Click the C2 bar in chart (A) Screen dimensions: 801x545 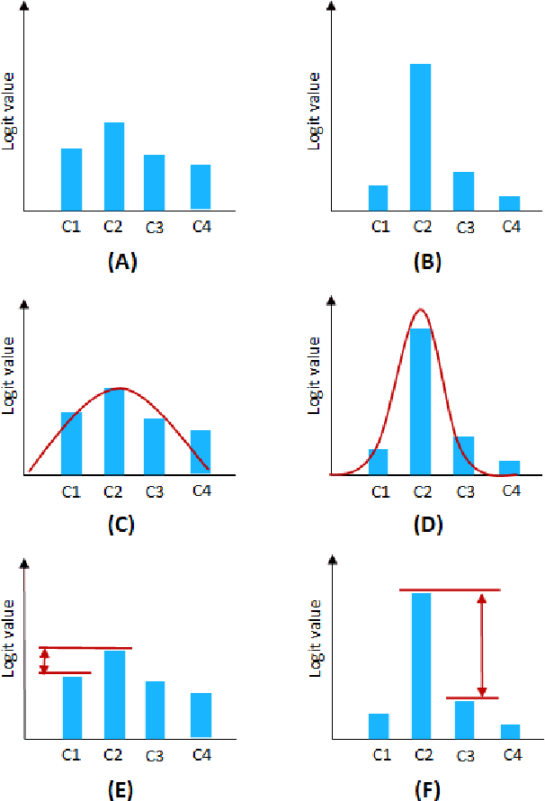pos(114,166)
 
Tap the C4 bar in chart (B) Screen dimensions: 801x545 pos(509,202)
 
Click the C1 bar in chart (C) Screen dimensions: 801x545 pos(71,443)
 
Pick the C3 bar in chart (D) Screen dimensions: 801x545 pos(463,455)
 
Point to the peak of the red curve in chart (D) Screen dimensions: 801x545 pos(420,310)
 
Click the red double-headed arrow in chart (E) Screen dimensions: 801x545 pos(44,661)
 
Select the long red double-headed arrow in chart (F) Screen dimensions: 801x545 pos(482,644)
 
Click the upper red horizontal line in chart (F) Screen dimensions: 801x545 pos(449,590)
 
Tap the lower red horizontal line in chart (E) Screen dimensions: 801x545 pos(65,672)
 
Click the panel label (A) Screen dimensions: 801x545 pos(121,262)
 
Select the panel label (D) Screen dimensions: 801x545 pos(425,525)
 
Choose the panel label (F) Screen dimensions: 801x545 pos(426,789)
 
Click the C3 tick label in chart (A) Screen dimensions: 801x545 pos(154,227)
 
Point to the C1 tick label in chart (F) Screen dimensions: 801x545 pos(380,755)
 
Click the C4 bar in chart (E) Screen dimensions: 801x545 pos(201,715)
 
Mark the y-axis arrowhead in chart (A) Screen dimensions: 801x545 pos(25,8)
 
